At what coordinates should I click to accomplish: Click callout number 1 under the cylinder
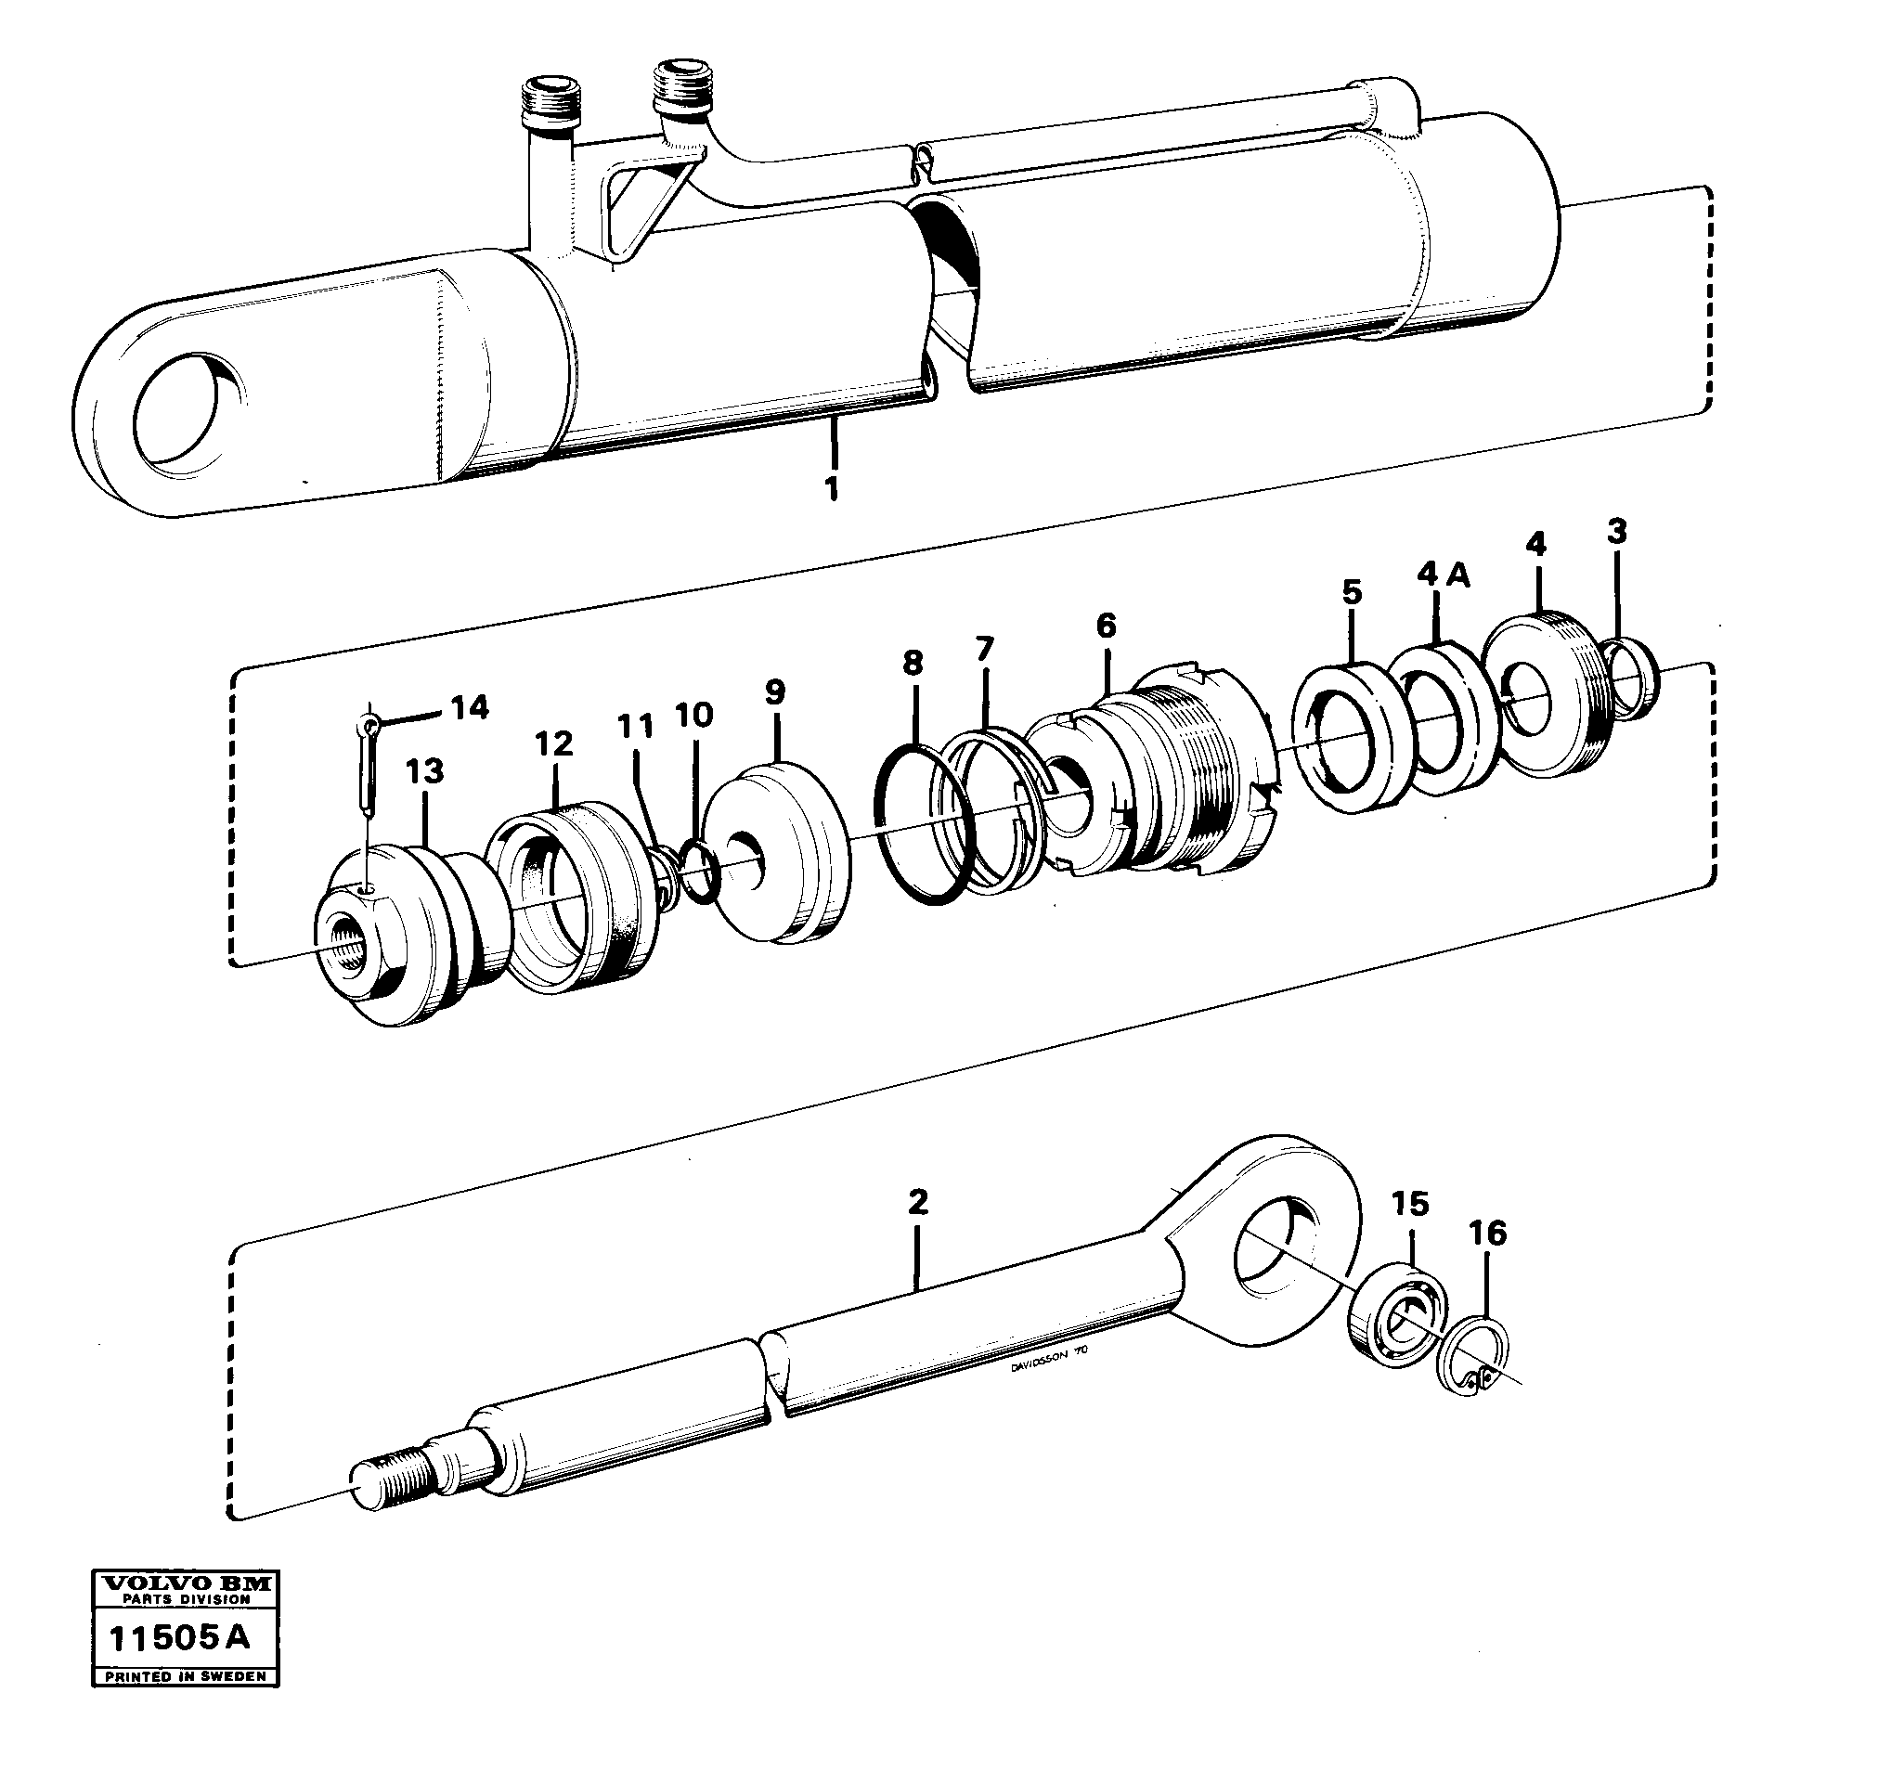click(831, 489)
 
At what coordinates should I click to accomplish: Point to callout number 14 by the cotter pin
click(469, 707)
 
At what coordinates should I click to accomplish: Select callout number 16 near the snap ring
click(1486, 1234)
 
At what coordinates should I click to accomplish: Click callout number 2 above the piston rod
click(917, 1202)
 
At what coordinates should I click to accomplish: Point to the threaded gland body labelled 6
click(1169, 780)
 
